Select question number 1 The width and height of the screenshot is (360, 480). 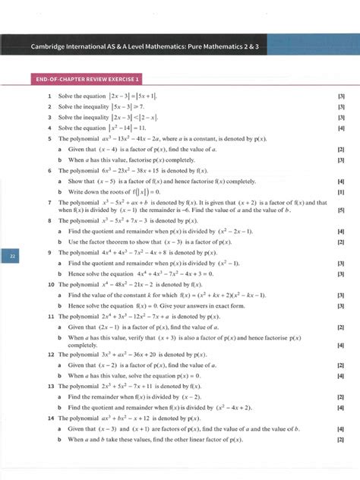click(49, 97)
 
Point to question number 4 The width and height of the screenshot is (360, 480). click(49, 128)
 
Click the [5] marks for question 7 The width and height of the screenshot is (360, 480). click(341, 210)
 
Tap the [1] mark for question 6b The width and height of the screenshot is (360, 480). click(341, 192)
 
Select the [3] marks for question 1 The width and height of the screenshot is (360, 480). click(341, 97)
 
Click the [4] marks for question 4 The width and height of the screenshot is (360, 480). click(341, 128)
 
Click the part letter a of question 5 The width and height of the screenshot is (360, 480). click(60, 150)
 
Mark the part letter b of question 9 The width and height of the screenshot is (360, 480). click(60, 272)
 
